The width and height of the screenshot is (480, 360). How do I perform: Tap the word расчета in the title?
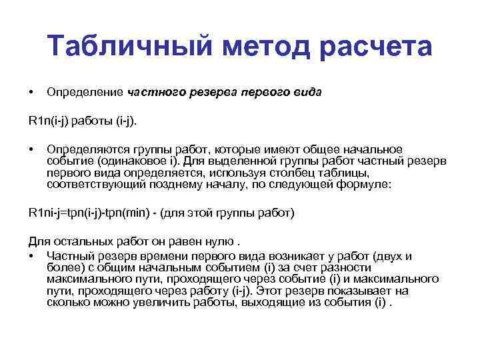[x=376, y=47]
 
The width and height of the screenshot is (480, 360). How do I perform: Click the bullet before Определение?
[x=31, y=91]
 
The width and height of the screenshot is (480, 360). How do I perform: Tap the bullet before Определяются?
[x=31, y=149]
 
